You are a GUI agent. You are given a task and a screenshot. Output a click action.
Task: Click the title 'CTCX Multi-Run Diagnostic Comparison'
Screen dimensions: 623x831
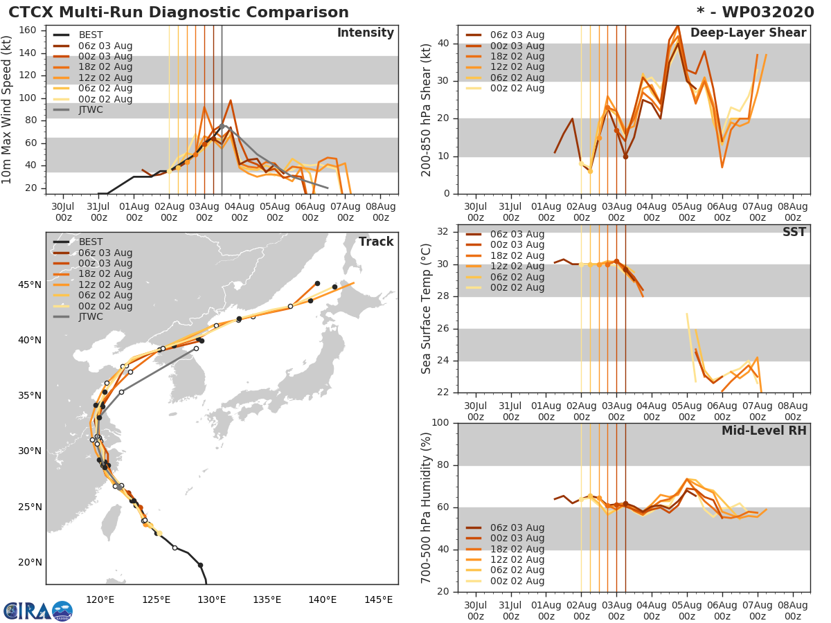tap(179, 12)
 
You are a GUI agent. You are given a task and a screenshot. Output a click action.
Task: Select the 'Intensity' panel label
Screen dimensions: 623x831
tap(365, 33)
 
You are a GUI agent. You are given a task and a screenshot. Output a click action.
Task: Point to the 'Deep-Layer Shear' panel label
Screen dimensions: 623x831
tap(748, 33)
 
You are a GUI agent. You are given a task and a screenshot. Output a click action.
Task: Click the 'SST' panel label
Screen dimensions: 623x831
tap(794, 232)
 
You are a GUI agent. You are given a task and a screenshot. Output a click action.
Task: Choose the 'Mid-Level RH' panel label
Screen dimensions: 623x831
tap(764, 431)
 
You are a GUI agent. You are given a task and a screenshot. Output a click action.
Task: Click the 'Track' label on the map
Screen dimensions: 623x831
tap(375, 242)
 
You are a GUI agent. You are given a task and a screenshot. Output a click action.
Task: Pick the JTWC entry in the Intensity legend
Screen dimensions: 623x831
tap(90, 109)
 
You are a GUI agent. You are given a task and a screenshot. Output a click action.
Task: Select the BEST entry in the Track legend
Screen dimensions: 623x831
tap(90, 242)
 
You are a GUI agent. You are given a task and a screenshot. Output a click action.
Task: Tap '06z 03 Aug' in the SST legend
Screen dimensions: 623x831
tap(517, 234)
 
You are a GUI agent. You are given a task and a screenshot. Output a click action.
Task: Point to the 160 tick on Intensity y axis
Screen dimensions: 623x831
tap(28, 30)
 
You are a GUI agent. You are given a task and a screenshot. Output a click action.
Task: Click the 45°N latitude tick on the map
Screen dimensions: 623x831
tap(29, 285)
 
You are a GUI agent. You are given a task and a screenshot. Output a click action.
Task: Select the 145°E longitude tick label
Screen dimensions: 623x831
tap(378, 599)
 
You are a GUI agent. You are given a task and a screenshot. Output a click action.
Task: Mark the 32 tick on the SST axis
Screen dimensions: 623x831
tap(443, 232)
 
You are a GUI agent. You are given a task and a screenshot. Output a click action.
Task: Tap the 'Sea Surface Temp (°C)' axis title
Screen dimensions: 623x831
tap(427, 309)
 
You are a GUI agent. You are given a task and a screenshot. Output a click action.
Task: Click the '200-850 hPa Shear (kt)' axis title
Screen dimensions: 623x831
tap(427, 109)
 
